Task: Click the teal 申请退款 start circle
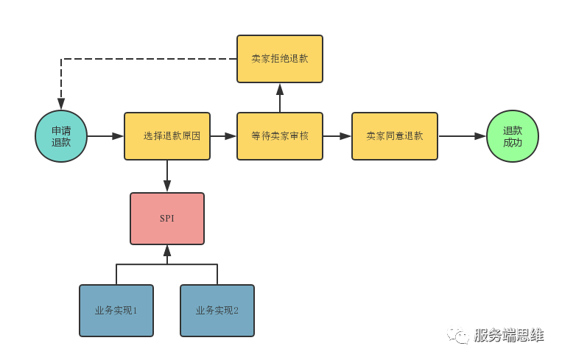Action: tap(61, 136)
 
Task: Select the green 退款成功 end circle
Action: tap(513, 136)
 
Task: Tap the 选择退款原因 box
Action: tap(167, 136)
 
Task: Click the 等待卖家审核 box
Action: tap(280, 136)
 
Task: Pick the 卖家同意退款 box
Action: tap(395, 136)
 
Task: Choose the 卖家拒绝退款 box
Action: tap(280, 59)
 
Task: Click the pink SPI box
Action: tap(167, 219)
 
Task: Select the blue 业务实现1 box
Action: tap(116, 311)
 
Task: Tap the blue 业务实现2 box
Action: tap(217, 311)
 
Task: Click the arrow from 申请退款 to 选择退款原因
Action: tap(105, 136)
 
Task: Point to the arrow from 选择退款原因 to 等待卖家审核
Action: tap(223, 136)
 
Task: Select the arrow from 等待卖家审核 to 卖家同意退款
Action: tap(337, 136)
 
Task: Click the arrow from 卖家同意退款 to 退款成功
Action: tap(462, 136)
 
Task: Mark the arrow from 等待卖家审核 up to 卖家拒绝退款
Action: tap(280, 98)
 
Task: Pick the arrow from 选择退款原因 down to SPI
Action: tap(167, 176)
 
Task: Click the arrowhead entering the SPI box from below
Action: tap(167, 251)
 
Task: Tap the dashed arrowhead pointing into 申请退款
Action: tap(61, 104)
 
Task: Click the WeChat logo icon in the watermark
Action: tap(457, 335)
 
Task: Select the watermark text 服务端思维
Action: tap(509, 335)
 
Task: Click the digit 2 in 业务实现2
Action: tap(236, 311)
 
